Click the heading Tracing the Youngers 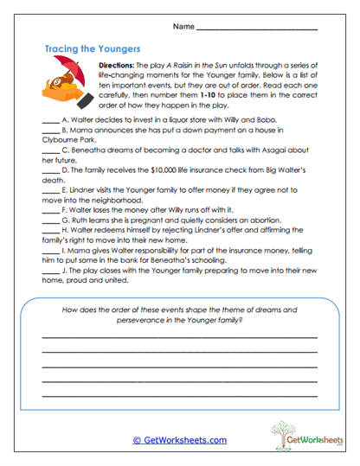(x=92, y=49)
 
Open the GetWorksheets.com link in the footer (x=179, y=440)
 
